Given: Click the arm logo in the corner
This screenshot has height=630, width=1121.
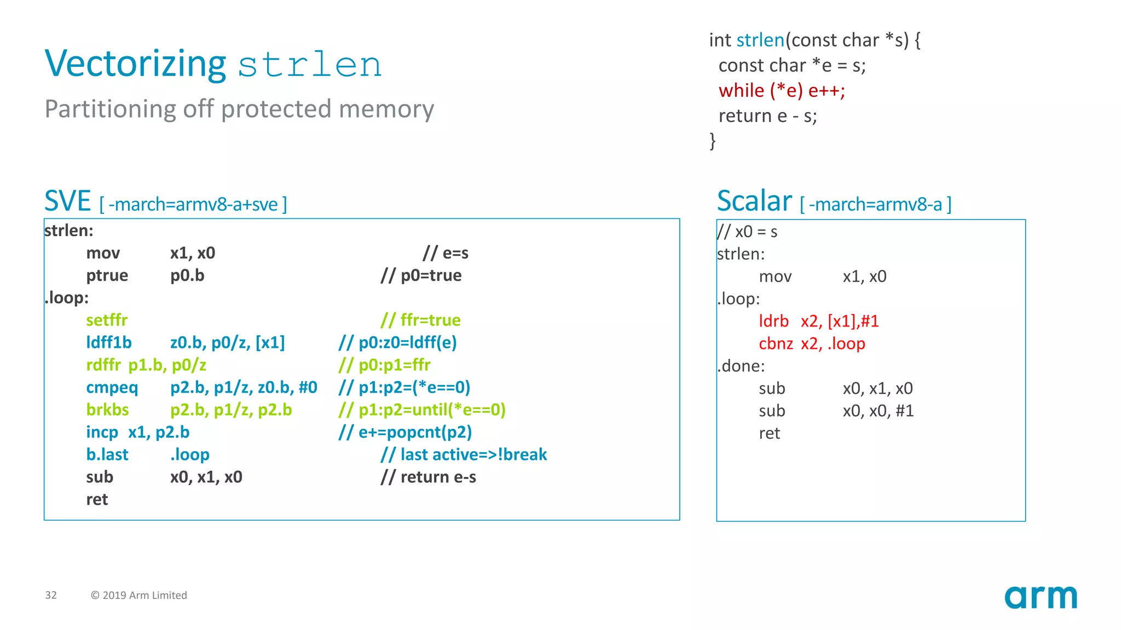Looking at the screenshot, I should (x=1040, y=597).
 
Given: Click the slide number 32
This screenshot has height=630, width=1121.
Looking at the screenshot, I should (x=51, y=595).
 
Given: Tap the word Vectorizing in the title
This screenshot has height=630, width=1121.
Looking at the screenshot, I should (x=135, y=65).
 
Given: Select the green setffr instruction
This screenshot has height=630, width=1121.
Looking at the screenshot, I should (x=107, y=320).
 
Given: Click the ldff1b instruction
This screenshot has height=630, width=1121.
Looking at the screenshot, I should (x=109, y=342).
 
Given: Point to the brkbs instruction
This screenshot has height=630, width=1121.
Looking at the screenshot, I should (x=107, y=410).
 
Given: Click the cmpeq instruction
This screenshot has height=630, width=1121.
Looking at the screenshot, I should (x=112, y=387).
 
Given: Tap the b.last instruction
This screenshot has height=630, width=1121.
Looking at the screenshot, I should (x=107, y=454).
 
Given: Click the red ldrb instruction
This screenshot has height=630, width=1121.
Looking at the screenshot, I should (x=773, y=321).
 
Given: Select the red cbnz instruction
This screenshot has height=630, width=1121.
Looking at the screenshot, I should (x=776, y=343).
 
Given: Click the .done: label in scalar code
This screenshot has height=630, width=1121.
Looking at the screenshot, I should (x=741, y=366).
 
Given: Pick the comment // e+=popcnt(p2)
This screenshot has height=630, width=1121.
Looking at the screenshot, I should (x=405, y=432).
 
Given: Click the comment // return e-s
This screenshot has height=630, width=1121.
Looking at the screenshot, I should (x=428, y=477).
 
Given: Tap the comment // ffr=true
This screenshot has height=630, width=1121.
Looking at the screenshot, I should (x=420, y=320).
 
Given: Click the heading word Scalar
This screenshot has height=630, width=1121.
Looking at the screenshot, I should (x=754, y=201).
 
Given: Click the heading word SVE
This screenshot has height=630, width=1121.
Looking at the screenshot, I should (x=67, y=201).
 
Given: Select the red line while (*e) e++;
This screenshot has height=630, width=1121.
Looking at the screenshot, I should (x=782, y=90).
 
